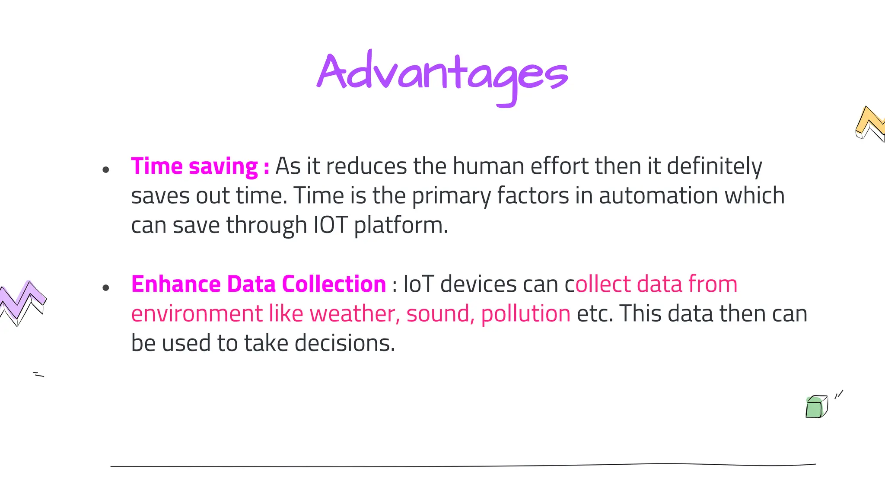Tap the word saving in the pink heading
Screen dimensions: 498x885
pyautogui.click(x=223, y=166)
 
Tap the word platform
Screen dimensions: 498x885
pyautogui.click(x=401, y=225)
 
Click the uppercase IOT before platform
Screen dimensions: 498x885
pyautogui.click(x=330, y=225)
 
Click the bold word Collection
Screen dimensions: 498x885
pyautogui.click(x=334, y=284)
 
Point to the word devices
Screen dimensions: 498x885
pyautogui.click(x=478, y=284)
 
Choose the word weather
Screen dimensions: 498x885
pyautogui.click(x=355, y=314)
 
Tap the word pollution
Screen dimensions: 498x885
pyautogui.click(x=525, y=314)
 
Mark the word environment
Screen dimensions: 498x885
pyautogui.click(x=197, y=314)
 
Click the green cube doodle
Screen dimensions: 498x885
pyautogui.click(x=816, y=407)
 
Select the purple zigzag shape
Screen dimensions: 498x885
pyautogui.click(x=22, y=302)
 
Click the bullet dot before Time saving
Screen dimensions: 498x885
pyautogui.click(x=106, y=170)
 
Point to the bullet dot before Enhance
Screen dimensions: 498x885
pyautogui.click(x=106, y=288)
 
